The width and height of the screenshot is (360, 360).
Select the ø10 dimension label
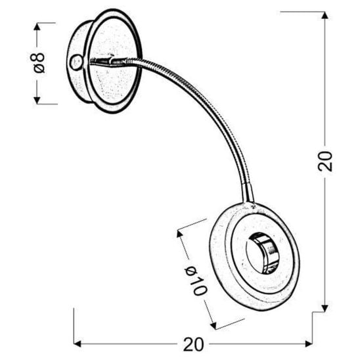(195, 279)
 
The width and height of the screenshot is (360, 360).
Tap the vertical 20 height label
(325, 161)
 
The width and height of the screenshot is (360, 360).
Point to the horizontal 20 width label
(192, 344)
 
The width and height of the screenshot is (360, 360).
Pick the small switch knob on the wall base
(74, 62)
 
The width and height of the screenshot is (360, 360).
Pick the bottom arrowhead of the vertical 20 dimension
(325, 307)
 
